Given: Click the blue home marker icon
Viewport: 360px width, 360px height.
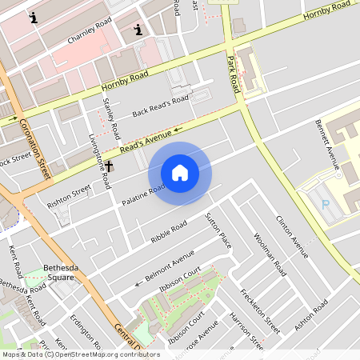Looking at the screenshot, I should click(x=180, y=173).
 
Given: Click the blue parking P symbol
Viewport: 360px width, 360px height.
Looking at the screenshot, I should click(x=326, y=205).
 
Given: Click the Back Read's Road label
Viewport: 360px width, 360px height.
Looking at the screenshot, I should click(x=160, y=106).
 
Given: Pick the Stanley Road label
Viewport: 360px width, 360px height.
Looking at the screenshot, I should click(x=112, y=118).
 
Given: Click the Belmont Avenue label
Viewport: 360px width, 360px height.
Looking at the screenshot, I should click(x=170, y=265).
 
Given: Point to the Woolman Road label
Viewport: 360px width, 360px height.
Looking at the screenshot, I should click(x=270, y=254).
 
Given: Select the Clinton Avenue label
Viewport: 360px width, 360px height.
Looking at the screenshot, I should click(x=291, y=236).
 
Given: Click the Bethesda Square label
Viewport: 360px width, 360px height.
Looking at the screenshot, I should click(x=58, y=274).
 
